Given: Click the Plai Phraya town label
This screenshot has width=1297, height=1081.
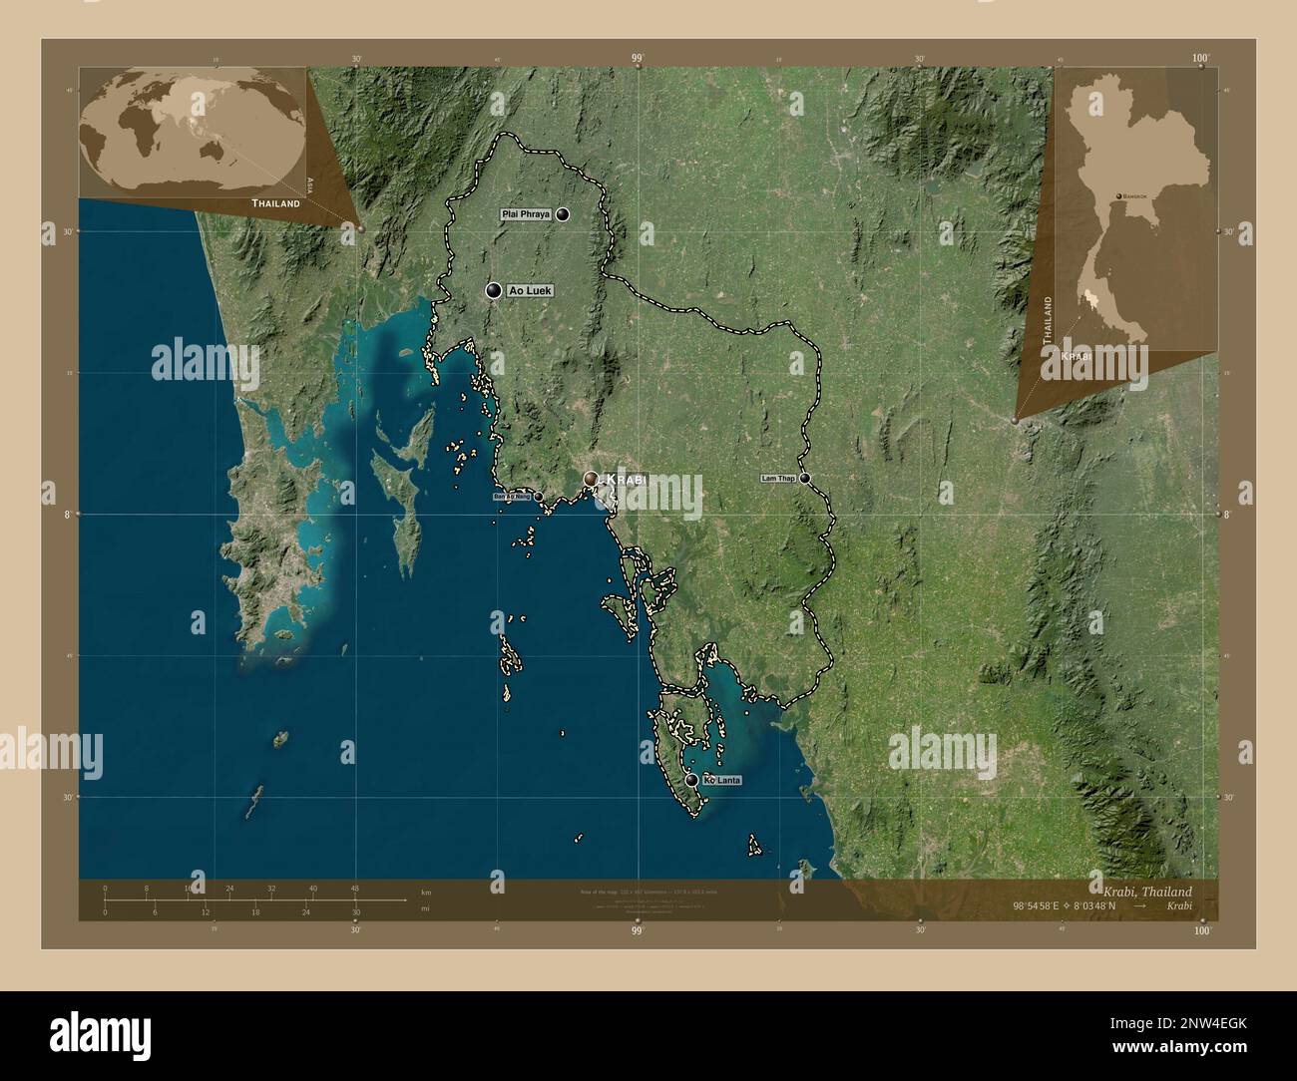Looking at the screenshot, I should click(526, 214).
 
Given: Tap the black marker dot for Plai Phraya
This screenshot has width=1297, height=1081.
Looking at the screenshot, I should click(564, 214).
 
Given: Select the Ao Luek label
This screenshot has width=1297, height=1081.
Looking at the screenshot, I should click(529, 290).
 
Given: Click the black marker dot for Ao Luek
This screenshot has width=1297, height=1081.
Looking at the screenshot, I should click(493, 290).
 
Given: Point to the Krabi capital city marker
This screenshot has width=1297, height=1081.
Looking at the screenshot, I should click(591, 480).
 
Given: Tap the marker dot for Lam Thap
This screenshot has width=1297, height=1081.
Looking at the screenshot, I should click(804, 479).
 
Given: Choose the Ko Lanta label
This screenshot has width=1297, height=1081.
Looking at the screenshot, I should click(722, 780).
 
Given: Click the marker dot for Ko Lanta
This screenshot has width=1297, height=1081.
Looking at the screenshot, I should click(691, 780).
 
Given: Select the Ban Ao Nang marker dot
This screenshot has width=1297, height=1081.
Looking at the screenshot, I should click(539, 496).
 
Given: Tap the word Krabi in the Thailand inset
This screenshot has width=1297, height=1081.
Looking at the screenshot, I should click(1077, 356).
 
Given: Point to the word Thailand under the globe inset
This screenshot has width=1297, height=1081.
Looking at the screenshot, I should click(276, 203).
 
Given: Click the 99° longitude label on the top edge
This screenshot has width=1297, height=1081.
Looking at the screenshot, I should click(638, 59).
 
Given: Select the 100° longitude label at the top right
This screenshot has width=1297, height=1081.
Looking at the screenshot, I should click(1201, 59).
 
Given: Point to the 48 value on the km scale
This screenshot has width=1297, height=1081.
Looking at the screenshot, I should click(354, 888).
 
